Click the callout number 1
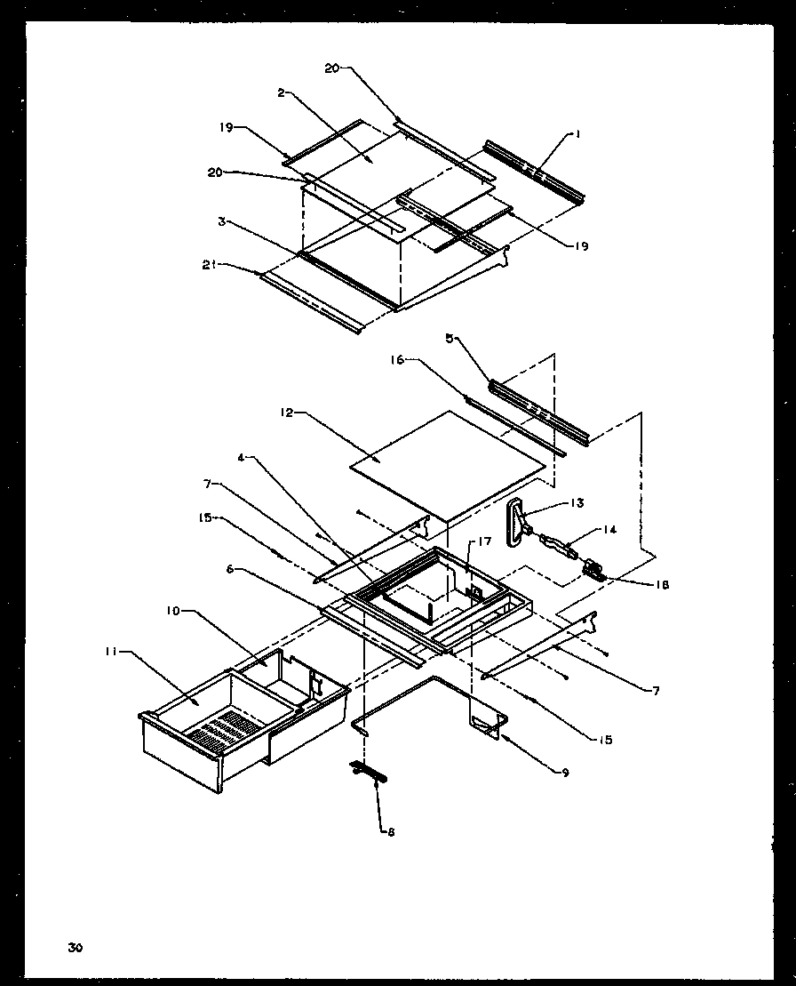(x=577, y=134)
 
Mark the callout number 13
(x=577, y=503)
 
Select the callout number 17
(x=485, y=541)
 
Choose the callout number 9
(x=565, y=772)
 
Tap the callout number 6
(x=229, y=571)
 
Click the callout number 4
(x=242, y=458)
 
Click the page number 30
(x=74, y=948)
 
